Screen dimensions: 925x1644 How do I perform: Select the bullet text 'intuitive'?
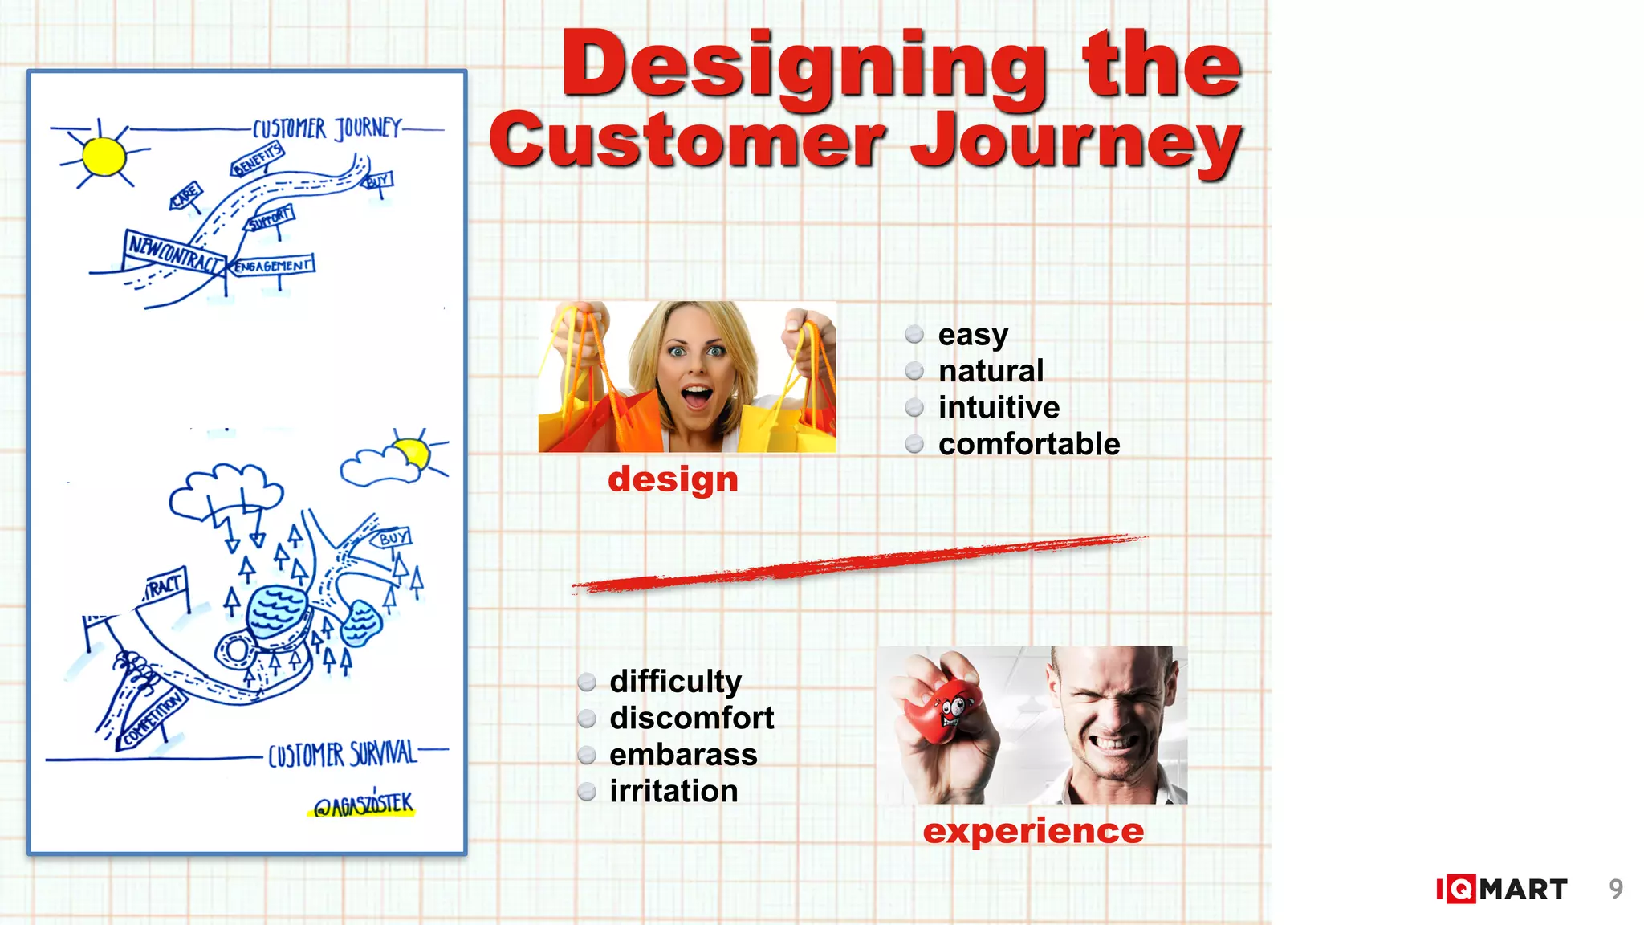[x=999, y=407]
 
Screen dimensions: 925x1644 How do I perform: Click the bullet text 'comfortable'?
[x=1028, y=444]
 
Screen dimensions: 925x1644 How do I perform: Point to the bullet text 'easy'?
[x=972, y=334]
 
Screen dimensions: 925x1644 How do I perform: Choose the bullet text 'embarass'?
[x=683, y=755]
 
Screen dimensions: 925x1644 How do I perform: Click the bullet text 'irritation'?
[x=673, y=791]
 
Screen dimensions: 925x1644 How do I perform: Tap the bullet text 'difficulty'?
[x=675, y=681]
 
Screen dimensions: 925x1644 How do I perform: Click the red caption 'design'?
[x=673, y=479]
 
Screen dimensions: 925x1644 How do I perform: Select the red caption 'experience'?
[x=1033, y=831]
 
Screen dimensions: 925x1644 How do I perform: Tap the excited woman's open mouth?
[x=696, y=397]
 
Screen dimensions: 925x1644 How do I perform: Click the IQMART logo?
[x=1501, y=889]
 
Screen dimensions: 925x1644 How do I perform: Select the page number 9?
[x=1616, y=889]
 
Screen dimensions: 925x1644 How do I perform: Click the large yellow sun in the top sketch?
[x=104, y=156]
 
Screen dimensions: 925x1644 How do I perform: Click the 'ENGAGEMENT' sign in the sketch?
[x=271, y=265]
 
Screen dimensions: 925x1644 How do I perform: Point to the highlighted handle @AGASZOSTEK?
[x=363, y=805]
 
